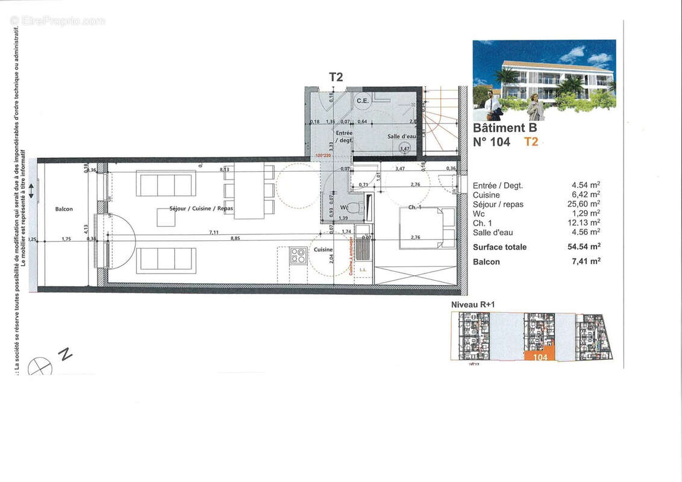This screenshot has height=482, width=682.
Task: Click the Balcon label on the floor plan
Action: pyautogui.click(x=64, y=209)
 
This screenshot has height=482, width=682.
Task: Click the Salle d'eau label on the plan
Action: pyautogui.click(x=401, y=136)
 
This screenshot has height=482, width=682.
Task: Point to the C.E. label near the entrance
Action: pyautogui.click(x=362, y=101)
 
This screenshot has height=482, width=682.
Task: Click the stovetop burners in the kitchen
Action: pyautogui.click(x=298, y=255)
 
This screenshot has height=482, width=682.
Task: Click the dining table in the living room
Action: pyautogui.click(x=249, y=191)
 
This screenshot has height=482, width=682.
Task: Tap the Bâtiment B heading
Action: pyautogui.click(x=505, y=128)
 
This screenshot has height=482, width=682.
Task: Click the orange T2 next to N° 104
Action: pyautogui.click(x=531, y=142)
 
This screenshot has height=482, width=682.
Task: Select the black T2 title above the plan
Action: pyautogui.click(x=336, y=77)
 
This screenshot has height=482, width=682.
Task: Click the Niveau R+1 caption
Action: pyautogui.click(x=473, y=305)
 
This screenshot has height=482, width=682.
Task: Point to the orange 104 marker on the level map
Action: pyautogui.click(x=540, y=357)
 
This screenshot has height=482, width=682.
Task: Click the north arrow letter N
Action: pyautogui.click(x=65, y=354)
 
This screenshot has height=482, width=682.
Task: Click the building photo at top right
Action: pyautogui.click(x=543, y=80)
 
